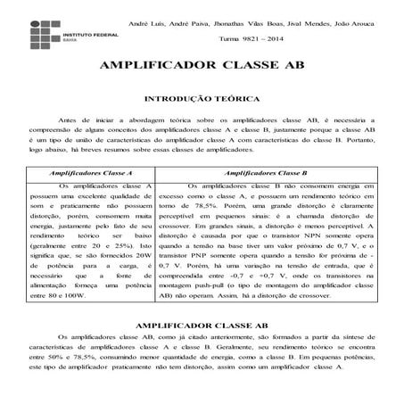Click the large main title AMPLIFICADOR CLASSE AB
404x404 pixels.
[202, 68]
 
